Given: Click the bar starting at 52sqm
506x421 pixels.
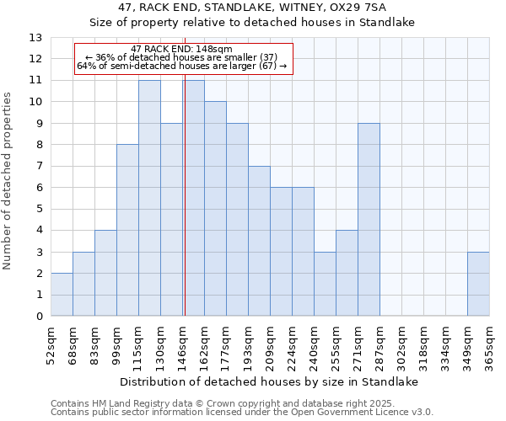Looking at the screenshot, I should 62,295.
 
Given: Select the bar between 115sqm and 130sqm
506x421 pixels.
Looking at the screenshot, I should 149,198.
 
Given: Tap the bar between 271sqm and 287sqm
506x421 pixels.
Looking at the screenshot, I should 369,219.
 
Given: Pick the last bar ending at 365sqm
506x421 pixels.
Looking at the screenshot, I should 478,284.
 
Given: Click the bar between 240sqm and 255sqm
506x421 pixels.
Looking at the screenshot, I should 325,284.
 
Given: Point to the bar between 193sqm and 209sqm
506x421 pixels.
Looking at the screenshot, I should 259,241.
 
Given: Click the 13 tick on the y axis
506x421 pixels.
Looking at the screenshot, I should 35,38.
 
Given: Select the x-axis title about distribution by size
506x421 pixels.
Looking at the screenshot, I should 268,381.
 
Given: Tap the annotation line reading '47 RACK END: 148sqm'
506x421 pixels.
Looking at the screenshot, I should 182,50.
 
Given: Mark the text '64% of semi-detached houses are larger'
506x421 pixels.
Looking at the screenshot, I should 167,66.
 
